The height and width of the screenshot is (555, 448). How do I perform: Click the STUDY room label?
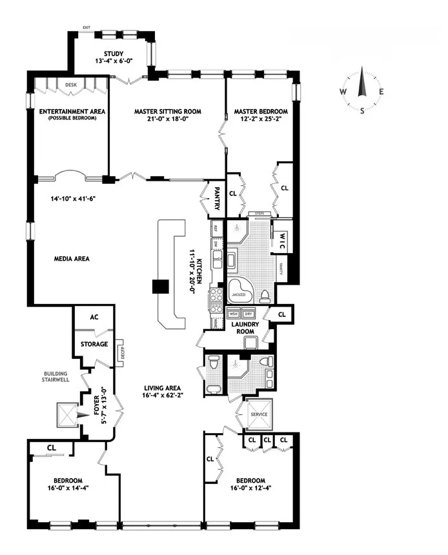(x=117, y=54)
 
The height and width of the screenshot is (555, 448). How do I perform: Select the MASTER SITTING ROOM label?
(x=167, y=111)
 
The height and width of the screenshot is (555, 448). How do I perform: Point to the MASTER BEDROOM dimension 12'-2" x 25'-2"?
(x=261, y=120)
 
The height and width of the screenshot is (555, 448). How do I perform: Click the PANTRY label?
(x=218, y=198)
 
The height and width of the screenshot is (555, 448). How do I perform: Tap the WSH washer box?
(x=234, y=314)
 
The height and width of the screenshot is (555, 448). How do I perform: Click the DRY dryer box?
(x=249, y=314)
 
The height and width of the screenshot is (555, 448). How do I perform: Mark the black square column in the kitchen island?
(x=159, y=287)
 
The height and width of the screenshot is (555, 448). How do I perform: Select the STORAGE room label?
(x=94, y=344)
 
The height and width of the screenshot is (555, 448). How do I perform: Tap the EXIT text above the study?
(x=86, y=28)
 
